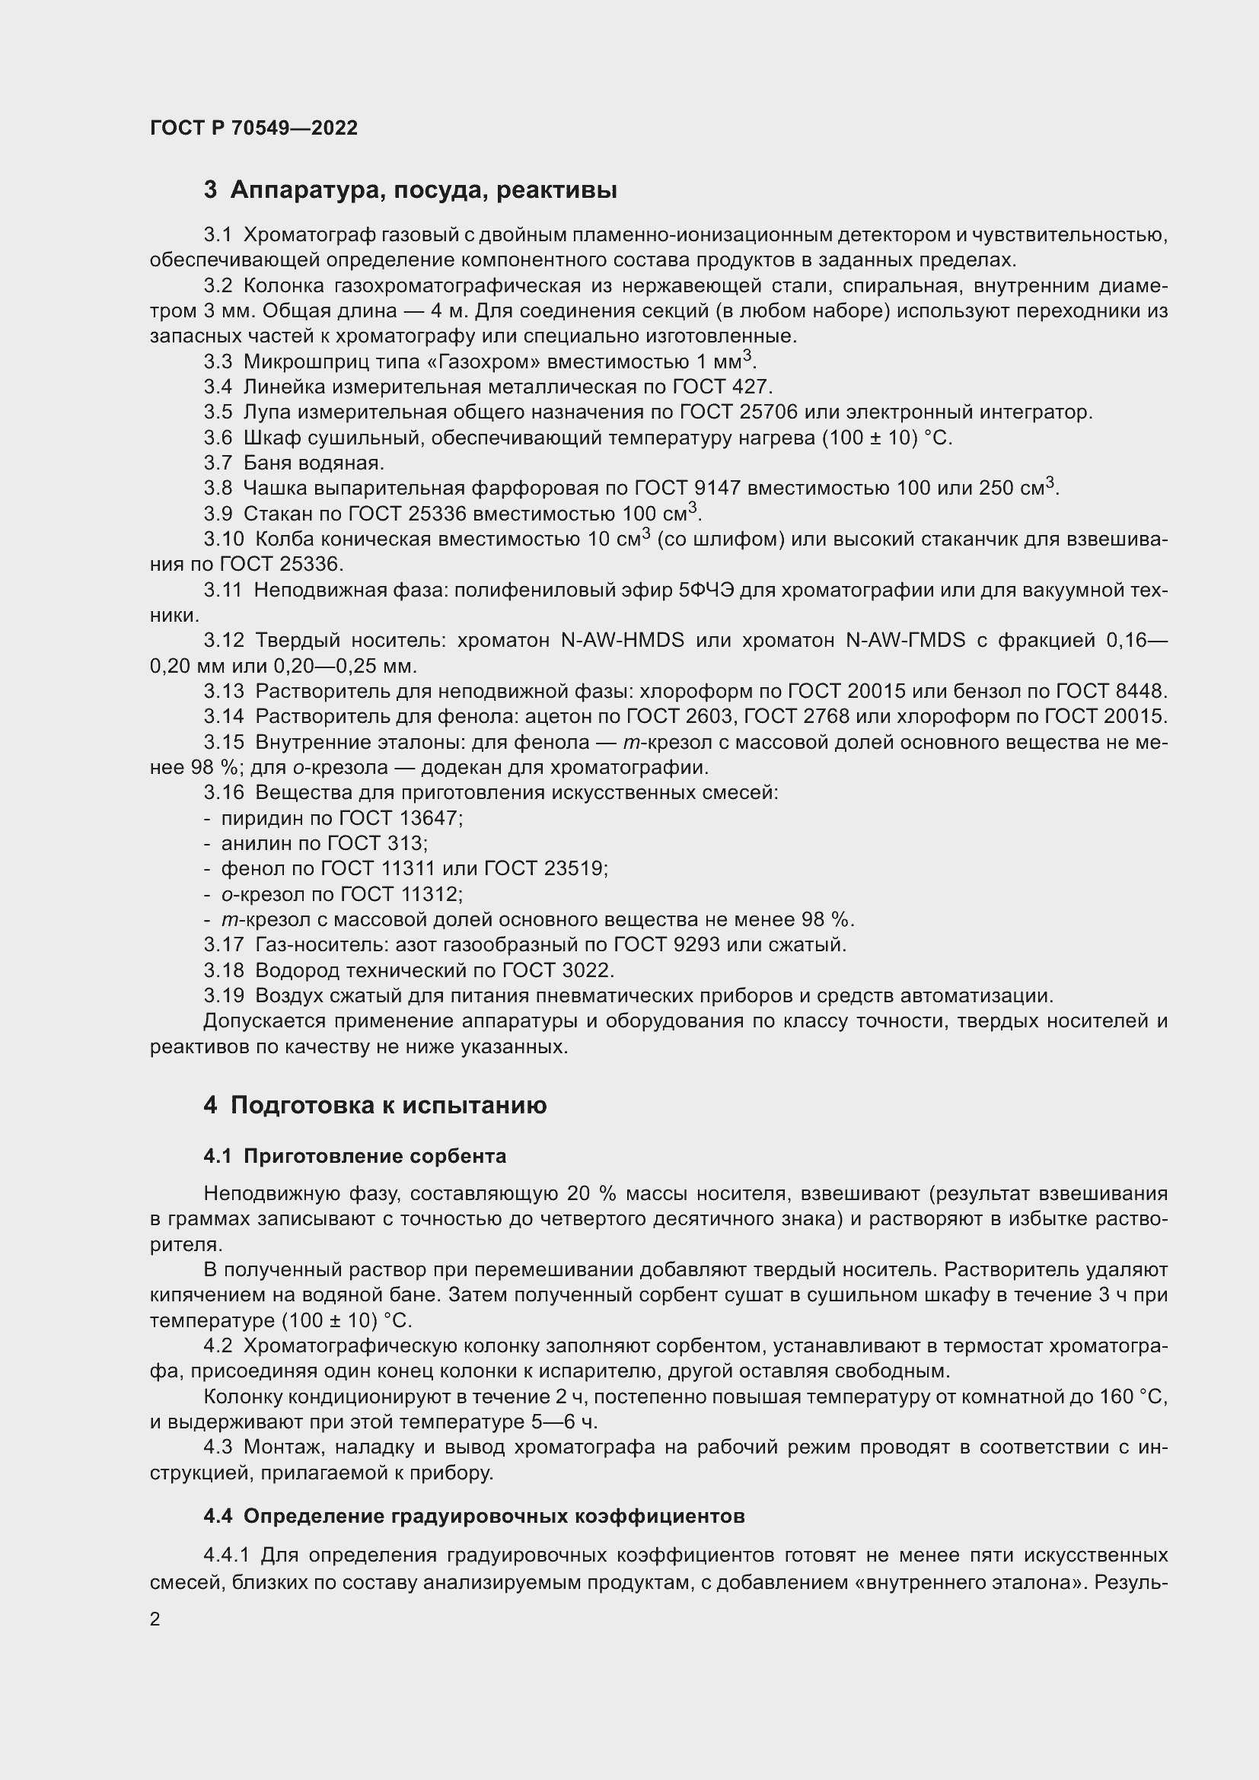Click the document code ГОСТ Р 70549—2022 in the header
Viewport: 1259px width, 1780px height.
253,128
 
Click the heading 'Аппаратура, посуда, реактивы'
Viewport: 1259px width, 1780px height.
423,190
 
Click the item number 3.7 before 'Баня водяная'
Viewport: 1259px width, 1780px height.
218,463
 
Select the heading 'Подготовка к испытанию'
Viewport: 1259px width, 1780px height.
388,1105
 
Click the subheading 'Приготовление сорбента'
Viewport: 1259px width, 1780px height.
375,1156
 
